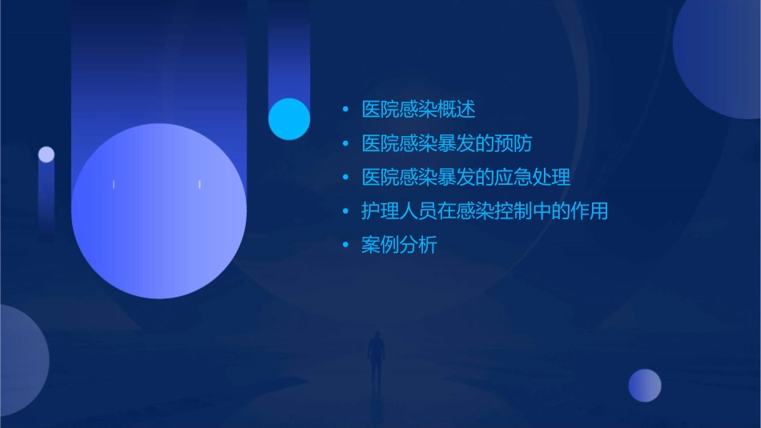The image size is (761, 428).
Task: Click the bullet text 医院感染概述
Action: pyautogui.click(x=418, y=110)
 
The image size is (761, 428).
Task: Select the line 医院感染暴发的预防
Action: pyautogui.click(x=447, y=144)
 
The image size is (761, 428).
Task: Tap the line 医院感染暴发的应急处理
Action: pyautogui.click(x=465, y=178)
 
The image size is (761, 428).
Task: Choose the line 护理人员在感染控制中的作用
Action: pyautogui.click(x=485, y=211)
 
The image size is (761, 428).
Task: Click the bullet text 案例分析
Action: pyautogui.click(x=399, y=246)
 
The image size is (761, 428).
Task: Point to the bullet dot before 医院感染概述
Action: pyautogui.click(x=345, y=110)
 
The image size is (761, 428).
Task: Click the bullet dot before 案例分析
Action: pyautogui.click(x=345, y=246)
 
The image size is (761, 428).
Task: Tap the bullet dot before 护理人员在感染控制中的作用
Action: pyautogui.click(x=345, y=212)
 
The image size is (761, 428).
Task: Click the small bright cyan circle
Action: pyautogui.click(x=289, y=119)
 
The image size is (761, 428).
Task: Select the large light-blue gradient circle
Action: pyautogui.click(x=159, y=210)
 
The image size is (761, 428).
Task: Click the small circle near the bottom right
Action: pyautogui.click(x=645, y=386)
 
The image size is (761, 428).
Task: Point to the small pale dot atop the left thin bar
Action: pyautogui.click(x=46, y=154)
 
